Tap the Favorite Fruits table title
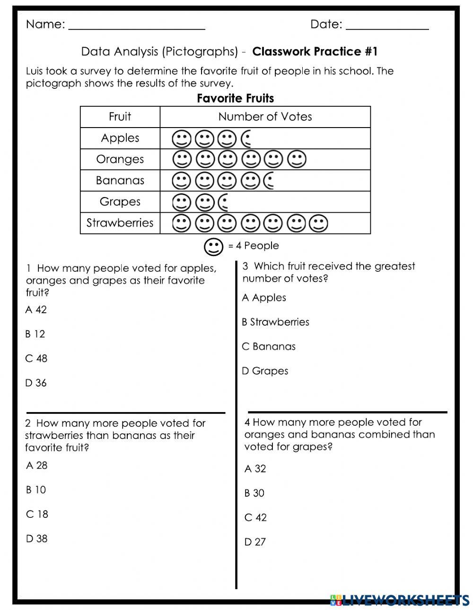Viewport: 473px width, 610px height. point(235,98)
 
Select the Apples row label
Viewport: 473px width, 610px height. point(120,138)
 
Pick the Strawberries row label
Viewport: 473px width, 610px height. point(120,223)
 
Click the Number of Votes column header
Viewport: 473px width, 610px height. point(265,117)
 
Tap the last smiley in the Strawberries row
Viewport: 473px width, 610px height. point(318,223)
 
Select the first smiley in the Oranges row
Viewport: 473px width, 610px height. point(182,160)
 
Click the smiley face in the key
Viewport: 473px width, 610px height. point(213,246)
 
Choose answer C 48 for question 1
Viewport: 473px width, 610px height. point(36,359)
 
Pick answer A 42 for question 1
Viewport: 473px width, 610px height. point(36,310)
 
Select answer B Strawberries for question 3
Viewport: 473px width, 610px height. point(275,322)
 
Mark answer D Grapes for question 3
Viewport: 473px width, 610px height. point(265,371)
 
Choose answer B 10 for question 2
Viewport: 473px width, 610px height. point(36,490)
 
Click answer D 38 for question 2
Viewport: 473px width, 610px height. point(36,539)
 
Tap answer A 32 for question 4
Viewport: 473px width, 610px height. point(255,469)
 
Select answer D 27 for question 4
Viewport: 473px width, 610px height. point(255,542)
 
